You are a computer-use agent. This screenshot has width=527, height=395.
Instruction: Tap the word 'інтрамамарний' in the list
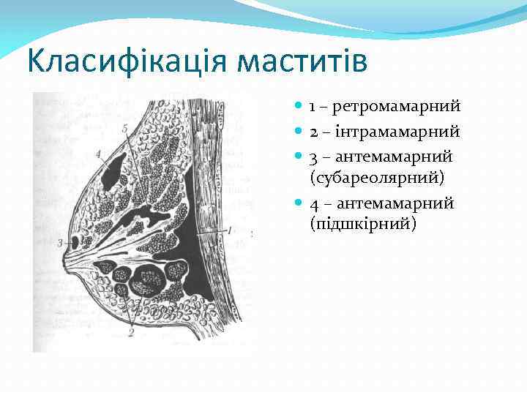point(397,132)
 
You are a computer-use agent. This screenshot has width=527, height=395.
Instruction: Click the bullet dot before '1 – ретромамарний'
point(298,108)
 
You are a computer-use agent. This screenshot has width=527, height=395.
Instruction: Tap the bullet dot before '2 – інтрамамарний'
point(298,132)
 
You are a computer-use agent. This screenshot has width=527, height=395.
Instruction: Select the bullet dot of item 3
point(298,157)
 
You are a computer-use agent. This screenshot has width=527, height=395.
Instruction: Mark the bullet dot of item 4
point(298,203)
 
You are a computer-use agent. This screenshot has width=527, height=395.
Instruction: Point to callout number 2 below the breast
point(131,333)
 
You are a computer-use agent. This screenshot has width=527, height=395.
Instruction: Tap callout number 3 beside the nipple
point(59,242)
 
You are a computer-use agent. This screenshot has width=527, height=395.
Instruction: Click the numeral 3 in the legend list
point(313,157)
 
